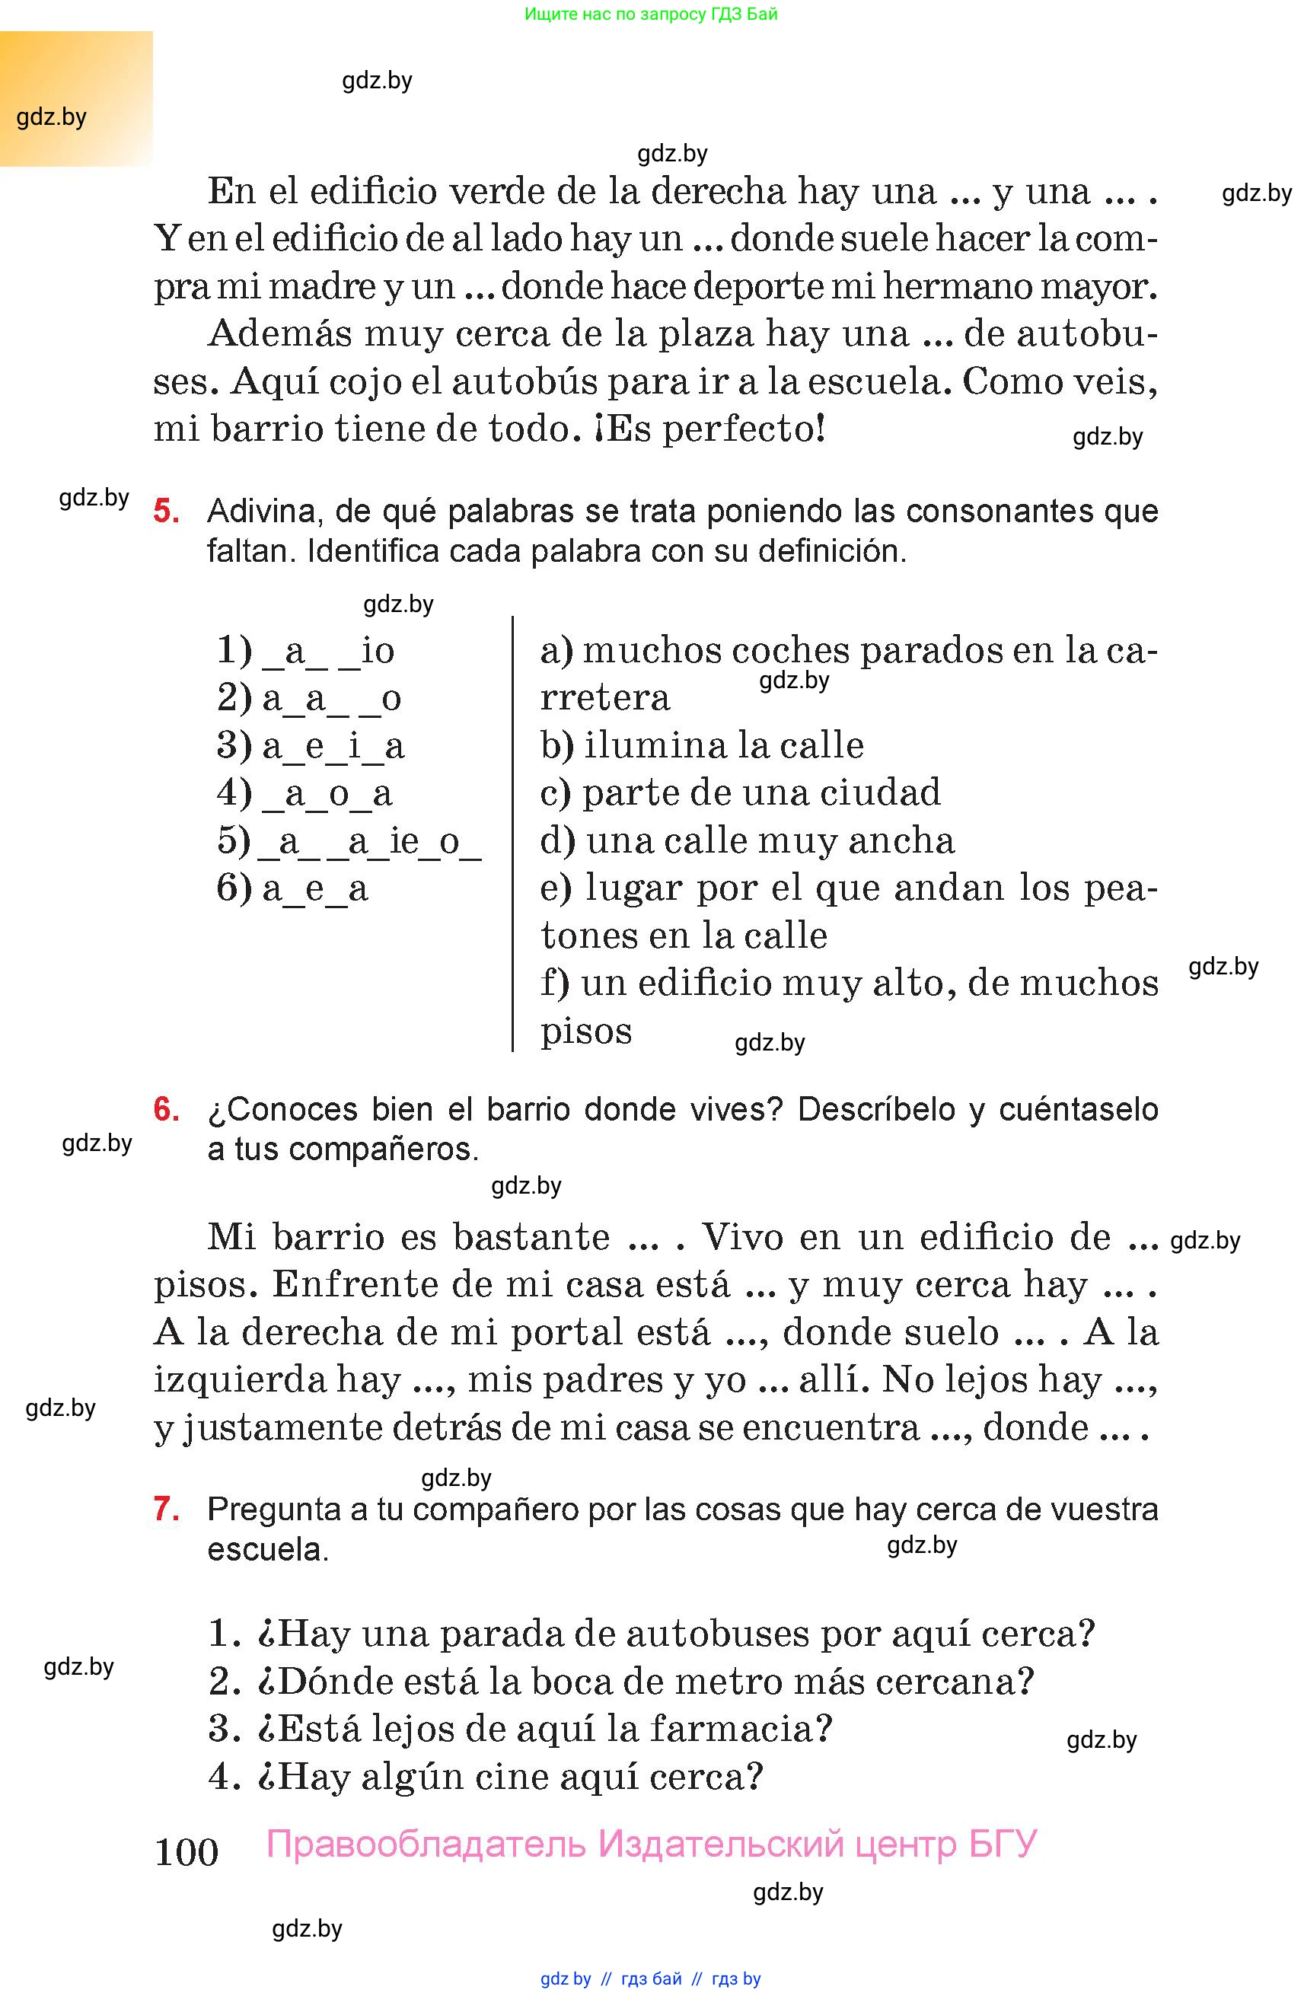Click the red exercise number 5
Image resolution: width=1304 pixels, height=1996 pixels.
(166, 510)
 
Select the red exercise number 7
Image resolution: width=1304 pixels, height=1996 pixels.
(166, 1509)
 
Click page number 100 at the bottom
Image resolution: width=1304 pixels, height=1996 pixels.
(187, 1852)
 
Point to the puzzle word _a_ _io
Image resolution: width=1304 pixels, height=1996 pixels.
(328, 651)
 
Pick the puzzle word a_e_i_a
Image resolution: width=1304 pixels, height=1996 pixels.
(333, 745)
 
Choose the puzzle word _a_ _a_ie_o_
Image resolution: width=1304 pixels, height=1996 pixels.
(370, 841)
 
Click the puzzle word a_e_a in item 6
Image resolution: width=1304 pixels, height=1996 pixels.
(314, 888)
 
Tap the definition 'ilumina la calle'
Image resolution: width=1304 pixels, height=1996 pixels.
(723, 745)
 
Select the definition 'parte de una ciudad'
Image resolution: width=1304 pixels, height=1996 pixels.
(760, 792)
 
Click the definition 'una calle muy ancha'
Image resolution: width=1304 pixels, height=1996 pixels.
(769, 840)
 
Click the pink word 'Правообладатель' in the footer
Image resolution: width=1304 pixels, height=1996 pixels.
(426, 1843)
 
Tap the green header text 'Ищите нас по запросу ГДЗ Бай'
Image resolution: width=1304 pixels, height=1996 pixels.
(651, 14)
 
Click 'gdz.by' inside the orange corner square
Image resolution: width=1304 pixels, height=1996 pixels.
(51, 116)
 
